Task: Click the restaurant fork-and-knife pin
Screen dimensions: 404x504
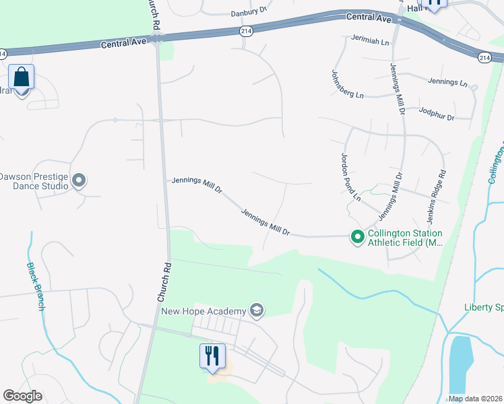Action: tap(212, 356)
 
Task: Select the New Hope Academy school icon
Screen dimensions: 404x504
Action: tap(256, 310)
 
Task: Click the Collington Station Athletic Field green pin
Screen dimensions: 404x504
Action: tap(357, 236)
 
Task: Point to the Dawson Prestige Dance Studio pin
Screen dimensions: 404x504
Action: tap(80, 180)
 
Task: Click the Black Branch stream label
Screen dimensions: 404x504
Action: tap(36, 285)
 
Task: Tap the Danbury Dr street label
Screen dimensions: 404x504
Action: tap(249, 11)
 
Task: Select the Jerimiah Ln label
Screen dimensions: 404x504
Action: tap(370, 42)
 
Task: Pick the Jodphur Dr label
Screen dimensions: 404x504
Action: tap(437, 112)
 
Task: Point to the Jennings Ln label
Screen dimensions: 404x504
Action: tap(447, 82)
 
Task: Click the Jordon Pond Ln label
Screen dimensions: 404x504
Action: tap(350, 177)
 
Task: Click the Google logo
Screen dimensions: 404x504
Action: tap(23, 396)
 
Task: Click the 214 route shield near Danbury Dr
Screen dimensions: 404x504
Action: tap(246, 31)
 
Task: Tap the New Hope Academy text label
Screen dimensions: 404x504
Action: tap(203, 311)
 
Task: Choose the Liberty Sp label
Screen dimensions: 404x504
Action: tap(483, 307)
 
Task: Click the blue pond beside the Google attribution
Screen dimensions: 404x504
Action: tap(461, 364)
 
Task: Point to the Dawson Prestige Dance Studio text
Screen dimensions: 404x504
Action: tap(34, 181)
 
